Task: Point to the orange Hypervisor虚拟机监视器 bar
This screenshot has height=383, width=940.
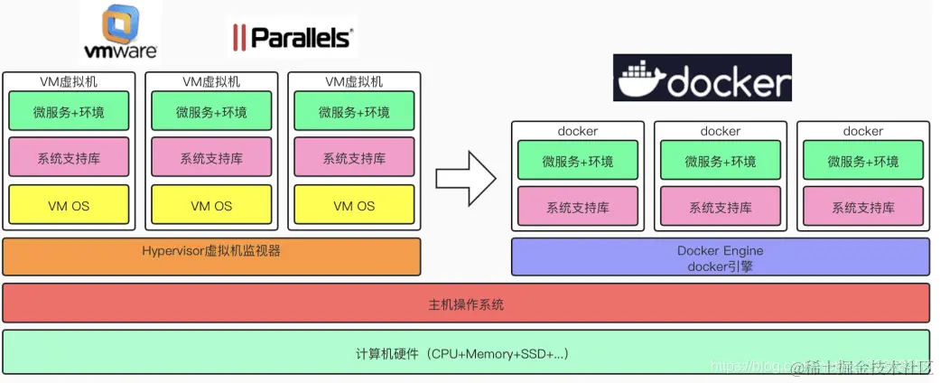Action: click(x=212, y=256)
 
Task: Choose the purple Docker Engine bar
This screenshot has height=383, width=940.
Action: click(x=720, y=257)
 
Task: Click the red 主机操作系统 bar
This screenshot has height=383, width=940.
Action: click(x=466, y=304)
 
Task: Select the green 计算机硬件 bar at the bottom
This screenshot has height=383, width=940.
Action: click(x=466, y=352)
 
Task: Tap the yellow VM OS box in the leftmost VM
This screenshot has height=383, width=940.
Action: click(x=69, y=205)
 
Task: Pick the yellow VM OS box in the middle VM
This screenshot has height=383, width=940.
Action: click(x=211, y=205)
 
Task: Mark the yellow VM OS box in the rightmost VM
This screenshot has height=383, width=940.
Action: click(x=354, y=205)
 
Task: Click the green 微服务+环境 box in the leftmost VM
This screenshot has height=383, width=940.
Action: click(x=69, y=111)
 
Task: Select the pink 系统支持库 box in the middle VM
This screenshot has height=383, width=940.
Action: click(x=211, y=157)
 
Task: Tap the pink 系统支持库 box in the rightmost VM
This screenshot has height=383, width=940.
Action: click(x=354, y=157)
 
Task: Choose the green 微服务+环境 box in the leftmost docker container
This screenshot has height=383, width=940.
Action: click(x=578, y=161)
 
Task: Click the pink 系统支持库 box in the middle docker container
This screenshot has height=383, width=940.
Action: click(x=721, y=207)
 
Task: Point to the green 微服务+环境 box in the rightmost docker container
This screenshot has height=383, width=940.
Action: click(x=863, y=161)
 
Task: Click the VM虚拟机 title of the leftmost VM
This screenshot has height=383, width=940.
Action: click(x=69, y=81)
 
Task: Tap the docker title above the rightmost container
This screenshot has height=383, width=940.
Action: click(x=863, y=131)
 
